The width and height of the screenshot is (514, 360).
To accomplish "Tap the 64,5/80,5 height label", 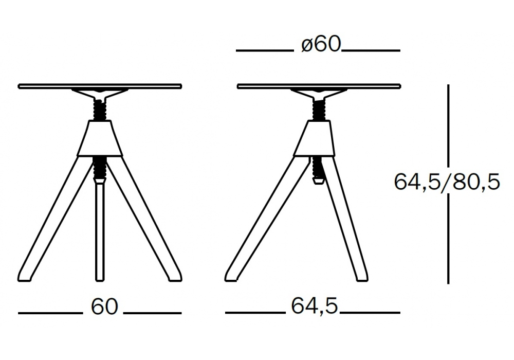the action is point(447,182).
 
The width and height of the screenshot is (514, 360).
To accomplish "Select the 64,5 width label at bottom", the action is point(314,306).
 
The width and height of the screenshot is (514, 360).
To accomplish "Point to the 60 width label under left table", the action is point(104,307).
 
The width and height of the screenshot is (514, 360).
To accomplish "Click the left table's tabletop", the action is point(100,86).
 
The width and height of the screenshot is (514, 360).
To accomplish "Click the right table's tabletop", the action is point(319,86).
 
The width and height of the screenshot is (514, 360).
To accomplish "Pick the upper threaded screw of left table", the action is point(100,110).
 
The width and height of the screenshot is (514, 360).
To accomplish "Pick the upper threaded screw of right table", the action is point(319,110).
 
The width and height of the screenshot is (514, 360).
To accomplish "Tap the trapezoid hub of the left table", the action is point(100,138).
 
